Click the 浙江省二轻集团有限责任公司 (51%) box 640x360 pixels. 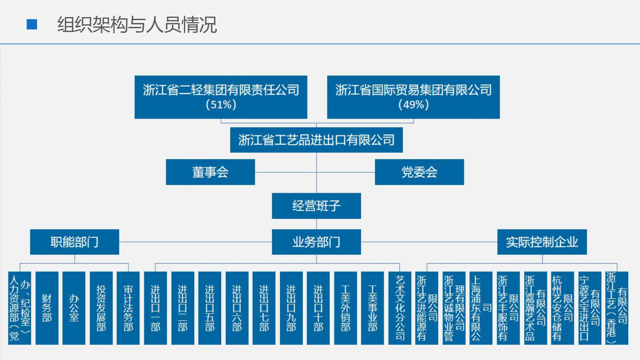[x=221, y=97]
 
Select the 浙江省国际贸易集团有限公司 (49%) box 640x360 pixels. [x=413, y=97]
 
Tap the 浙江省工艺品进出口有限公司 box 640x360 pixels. [x=316, y=140]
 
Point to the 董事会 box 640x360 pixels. [x=210, y=172]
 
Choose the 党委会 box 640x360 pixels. [x=419, y=172]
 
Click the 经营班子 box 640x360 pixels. [x=316, y=206]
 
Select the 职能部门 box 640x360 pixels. [x=74, y=242]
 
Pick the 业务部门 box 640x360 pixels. [x=316, y=242]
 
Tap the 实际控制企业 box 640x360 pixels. [x=542, y=242]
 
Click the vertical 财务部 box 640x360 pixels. [x=47, y=308]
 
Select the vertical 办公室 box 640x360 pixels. [x=74, y=308]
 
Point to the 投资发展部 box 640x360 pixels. [x=101, y=308]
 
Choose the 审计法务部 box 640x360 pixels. [x=128, y=308]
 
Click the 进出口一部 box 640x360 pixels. [x=155, y=308]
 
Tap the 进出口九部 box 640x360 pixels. [x=291, y=308]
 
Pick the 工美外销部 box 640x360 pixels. [x=345, y=308]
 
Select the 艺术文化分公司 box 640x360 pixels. [x=400, y=308]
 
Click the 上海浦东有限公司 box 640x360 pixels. [x=481, y=308]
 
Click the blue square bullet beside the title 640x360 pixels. [x=32, y=25]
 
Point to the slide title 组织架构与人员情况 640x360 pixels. [x=137, y=25]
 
